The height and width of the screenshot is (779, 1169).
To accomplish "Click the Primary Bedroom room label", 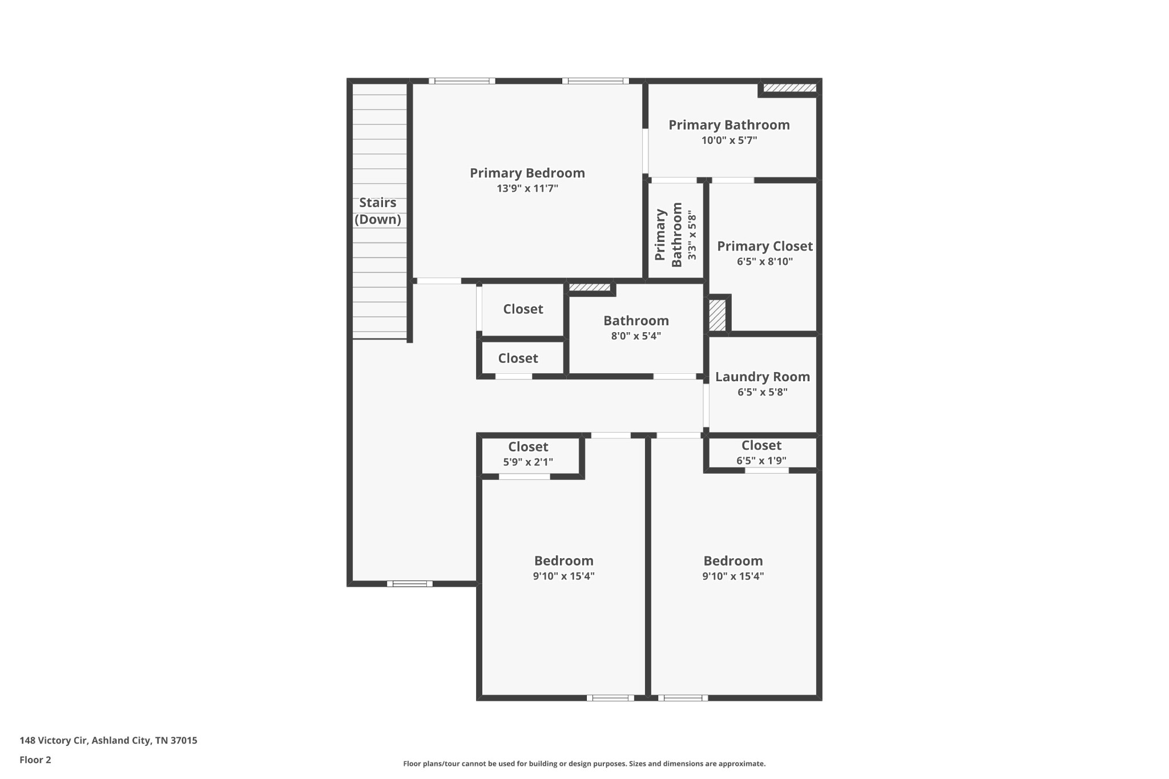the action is click(527, 173).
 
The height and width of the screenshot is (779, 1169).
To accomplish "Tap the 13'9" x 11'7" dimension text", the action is click(527, 188).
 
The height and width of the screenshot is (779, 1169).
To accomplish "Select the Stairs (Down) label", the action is click(378, 211).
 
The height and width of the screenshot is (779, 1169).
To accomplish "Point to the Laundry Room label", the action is click(763, 377).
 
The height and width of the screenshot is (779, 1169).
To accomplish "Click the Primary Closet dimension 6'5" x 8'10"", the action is click(765, 261).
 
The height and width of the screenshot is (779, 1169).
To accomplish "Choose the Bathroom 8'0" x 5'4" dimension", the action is click(636, 336).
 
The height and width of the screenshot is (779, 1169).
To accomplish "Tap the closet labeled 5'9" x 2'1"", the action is click(528, 454).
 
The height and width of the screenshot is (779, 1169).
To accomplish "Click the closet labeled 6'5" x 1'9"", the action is click(761, 453).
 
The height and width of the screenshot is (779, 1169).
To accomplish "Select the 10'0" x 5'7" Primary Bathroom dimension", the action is click(729, 140).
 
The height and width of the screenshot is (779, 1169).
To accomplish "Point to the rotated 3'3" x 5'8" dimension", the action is click(692, 235).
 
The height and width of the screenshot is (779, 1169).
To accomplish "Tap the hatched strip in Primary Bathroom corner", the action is click(790, 88).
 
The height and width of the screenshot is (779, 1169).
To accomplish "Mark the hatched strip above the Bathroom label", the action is click(590, 287).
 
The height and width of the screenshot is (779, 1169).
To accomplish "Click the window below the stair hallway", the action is click(410, 583).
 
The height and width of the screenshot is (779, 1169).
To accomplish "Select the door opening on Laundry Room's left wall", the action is click(706, 405).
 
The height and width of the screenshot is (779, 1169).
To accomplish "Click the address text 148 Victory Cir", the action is click(54, 741).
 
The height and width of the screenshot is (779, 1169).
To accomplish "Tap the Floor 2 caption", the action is click(35, 760).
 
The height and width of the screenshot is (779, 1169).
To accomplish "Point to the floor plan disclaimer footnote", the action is click(584, 764).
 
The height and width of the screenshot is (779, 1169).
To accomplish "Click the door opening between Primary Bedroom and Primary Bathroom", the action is click(646, 151).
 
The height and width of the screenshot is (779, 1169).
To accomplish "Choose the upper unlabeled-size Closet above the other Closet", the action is click(523, 309).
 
